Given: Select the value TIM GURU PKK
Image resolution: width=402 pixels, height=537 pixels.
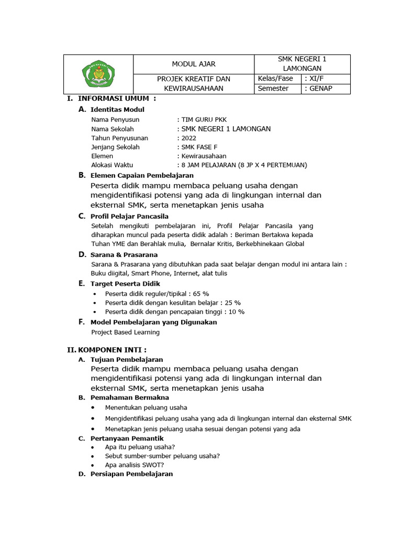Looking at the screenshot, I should pos(204,120).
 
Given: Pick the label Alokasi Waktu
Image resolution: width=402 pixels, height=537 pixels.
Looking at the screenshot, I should pos(112,165).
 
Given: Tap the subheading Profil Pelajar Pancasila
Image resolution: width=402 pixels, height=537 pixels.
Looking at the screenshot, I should pos(129,216).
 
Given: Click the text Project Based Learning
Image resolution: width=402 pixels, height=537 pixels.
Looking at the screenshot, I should pos(125,332).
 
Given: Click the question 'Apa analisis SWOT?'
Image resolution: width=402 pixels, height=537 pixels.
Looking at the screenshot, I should pos(134,465).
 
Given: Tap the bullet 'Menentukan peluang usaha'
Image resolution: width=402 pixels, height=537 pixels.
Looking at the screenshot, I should pos(146,407).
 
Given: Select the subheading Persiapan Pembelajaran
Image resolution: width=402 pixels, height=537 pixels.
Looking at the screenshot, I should pos(131,474).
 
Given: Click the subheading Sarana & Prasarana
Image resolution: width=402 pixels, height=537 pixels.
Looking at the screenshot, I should pos(124,254).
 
